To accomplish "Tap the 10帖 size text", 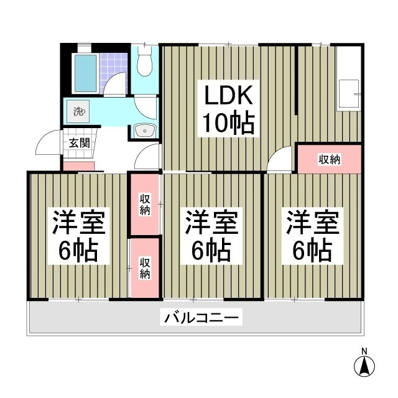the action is tap(227, 124).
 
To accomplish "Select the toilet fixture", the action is tap(144, 62).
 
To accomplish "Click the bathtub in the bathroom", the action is tap(84, 73).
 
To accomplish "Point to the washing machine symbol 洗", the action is tap(78, 112).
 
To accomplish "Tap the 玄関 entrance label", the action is tap(79, 142).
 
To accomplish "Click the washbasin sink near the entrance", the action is tap(145, 131).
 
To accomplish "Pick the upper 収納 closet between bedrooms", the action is tap(144, 204).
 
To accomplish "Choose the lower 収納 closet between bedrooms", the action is tap(144, 267).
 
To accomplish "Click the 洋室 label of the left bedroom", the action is tap(78, 222).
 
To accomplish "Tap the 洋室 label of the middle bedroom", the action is tap(210, 222).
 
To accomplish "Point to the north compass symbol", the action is tap(364, 365).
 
